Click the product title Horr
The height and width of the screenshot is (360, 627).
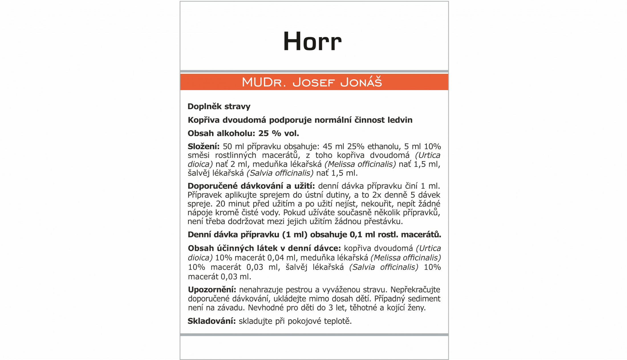[312, 42]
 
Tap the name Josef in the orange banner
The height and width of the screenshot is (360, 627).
[313, 82]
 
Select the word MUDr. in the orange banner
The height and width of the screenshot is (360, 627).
[263, 82]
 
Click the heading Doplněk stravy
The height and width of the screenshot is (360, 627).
[219, 107]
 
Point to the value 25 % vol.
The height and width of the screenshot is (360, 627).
[278, 133]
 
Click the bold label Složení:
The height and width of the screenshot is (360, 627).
[203, 147]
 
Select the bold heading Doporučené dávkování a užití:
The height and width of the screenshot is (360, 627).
[251, 186]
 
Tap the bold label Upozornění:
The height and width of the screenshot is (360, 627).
[212, 290]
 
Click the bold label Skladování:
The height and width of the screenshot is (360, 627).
[212, 321]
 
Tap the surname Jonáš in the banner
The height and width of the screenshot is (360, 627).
[361, 82]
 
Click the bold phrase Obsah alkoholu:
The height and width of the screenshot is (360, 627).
[221, 133]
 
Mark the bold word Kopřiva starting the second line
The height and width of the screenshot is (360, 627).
[204, 120]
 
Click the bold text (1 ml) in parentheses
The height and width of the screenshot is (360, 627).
[295, 235]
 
